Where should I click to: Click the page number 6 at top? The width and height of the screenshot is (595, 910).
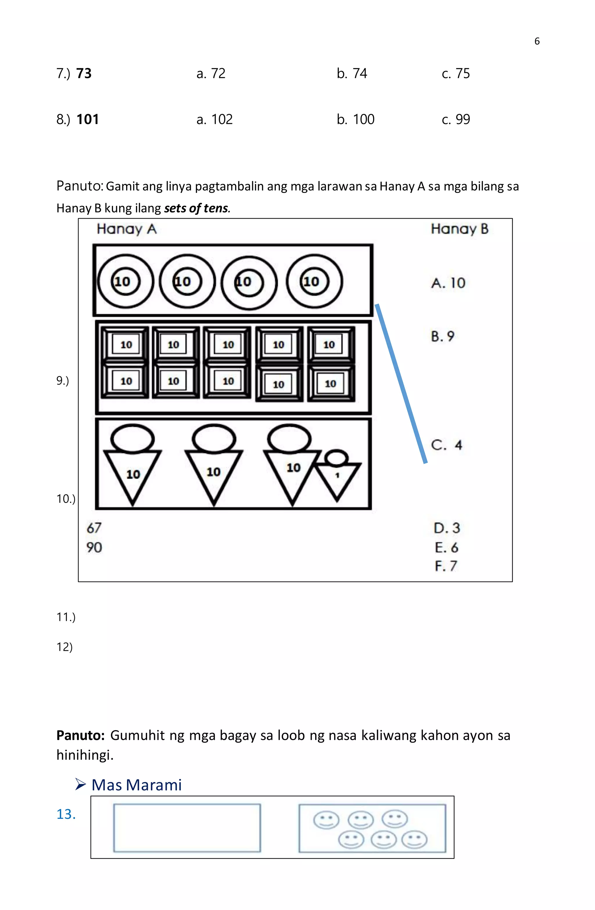point(537,41)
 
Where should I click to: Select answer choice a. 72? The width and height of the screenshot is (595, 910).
point(211,74)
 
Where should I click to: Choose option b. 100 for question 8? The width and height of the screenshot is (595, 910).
point(355,119)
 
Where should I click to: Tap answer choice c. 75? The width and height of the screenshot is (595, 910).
point(456,74)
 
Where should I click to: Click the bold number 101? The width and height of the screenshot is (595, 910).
point(87,119)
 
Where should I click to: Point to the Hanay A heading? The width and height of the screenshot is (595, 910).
point(127,229)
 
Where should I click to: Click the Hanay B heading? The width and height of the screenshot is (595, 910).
point(459,229)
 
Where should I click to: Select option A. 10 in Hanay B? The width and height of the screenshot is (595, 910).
point(448,283)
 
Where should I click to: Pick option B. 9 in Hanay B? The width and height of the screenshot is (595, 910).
point(442,336)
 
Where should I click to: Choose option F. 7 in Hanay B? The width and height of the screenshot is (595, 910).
point(446,566)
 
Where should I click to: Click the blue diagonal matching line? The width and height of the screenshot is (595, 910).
point(401,384)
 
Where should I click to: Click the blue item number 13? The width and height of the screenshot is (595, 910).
point(66,814)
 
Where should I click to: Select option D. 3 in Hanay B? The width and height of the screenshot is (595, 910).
point(447,528)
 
